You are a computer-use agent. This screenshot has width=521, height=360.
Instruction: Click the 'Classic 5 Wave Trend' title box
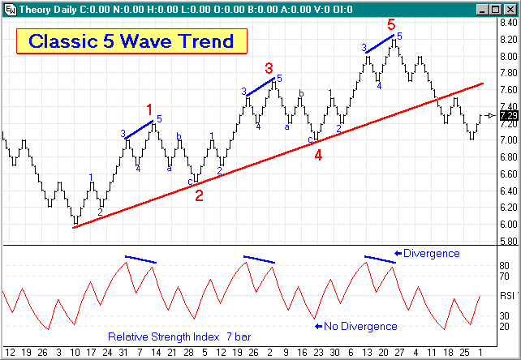(131, 41)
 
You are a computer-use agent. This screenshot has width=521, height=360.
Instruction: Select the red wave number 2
(199, 194)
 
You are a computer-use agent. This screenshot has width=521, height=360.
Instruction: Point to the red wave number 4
(318, 156)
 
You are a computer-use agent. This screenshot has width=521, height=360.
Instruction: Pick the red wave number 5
(391, 24)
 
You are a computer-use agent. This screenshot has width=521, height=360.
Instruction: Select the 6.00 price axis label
(508, 224)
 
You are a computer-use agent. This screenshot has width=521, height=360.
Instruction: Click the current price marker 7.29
(509, 116)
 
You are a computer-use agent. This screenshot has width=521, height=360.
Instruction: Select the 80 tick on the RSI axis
(504, 266)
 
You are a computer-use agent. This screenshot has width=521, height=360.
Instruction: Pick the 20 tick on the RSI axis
(504, 326)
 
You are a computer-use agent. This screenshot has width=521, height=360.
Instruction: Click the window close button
(511, 7)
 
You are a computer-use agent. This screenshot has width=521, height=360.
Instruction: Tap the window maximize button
(497, 7)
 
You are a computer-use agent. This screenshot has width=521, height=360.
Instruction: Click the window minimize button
(484, 7)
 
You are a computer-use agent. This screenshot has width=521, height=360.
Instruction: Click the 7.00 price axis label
(508, 139)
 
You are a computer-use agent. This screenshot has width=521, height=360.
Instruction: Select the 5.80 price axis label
(508, 241)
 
